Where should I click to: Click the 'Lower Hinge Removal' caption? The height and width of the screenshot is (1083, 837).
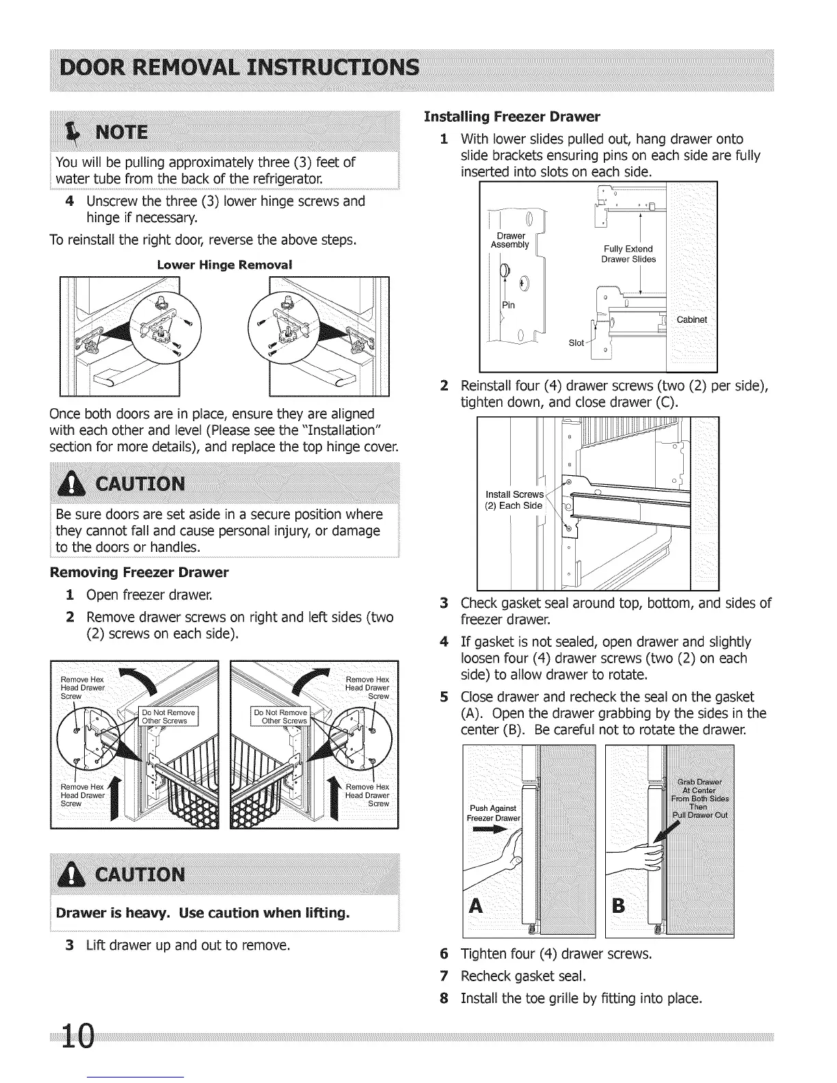[224, 265]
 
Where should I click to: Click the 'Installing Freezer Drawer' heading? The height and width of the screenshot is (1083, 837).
[511, 116]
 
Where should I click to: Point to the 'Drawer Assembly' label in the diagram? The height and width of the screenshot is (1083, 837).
[509, 240]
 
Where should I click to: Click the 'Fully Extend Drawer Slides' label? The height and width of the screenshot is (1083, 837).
[627, 254]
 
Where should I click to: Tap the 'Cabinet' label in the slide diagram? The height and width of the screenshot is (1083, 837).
[691, 320]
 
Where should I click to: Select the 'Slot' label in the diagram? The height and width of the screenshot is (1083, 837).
[576, 343]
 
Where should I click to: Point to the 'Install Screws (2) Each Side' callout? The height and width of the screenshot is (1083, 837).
[514, 500]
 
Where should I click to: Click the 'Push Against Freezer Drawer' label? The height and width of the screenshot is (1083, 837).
[493, 813]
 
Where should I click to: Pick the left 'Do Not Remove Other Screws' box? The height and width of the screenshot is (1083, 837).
[168, 716]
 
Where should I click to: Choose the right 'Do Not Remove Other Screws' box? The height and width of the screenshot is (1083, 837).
[280, 716]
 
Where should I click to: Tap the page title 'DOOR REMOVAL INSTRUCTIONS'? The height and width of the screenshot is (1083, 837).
[239, 68]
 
